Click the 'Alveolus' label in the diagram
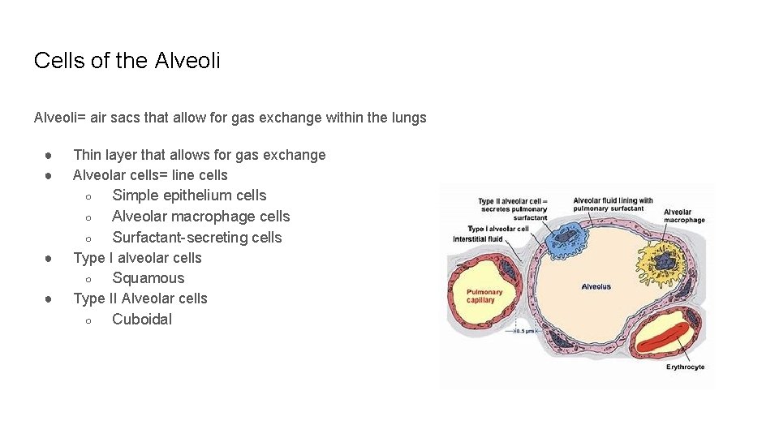click(596, 287)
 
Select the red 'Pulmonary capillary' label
click(484, 296)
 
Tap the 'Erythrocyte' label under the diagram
click(685, 367)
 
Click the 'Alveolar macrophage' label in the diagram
click(684, 217)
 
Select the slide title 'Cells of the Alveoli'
click(127, 61)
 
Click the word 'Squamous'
click(148, 278)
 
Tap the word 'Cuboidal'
click(142, 320)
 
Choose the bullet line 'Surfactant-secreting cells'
click(197, 238)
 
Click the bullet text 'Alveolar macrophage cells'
click(200, 217)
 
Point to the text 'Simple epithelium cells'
click(189, 195)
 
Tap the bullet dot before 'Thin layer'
click(49, 155)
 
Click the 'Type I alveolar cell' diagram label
click(497, 229)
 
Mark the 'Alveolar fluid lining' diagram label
click(613, 204)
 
